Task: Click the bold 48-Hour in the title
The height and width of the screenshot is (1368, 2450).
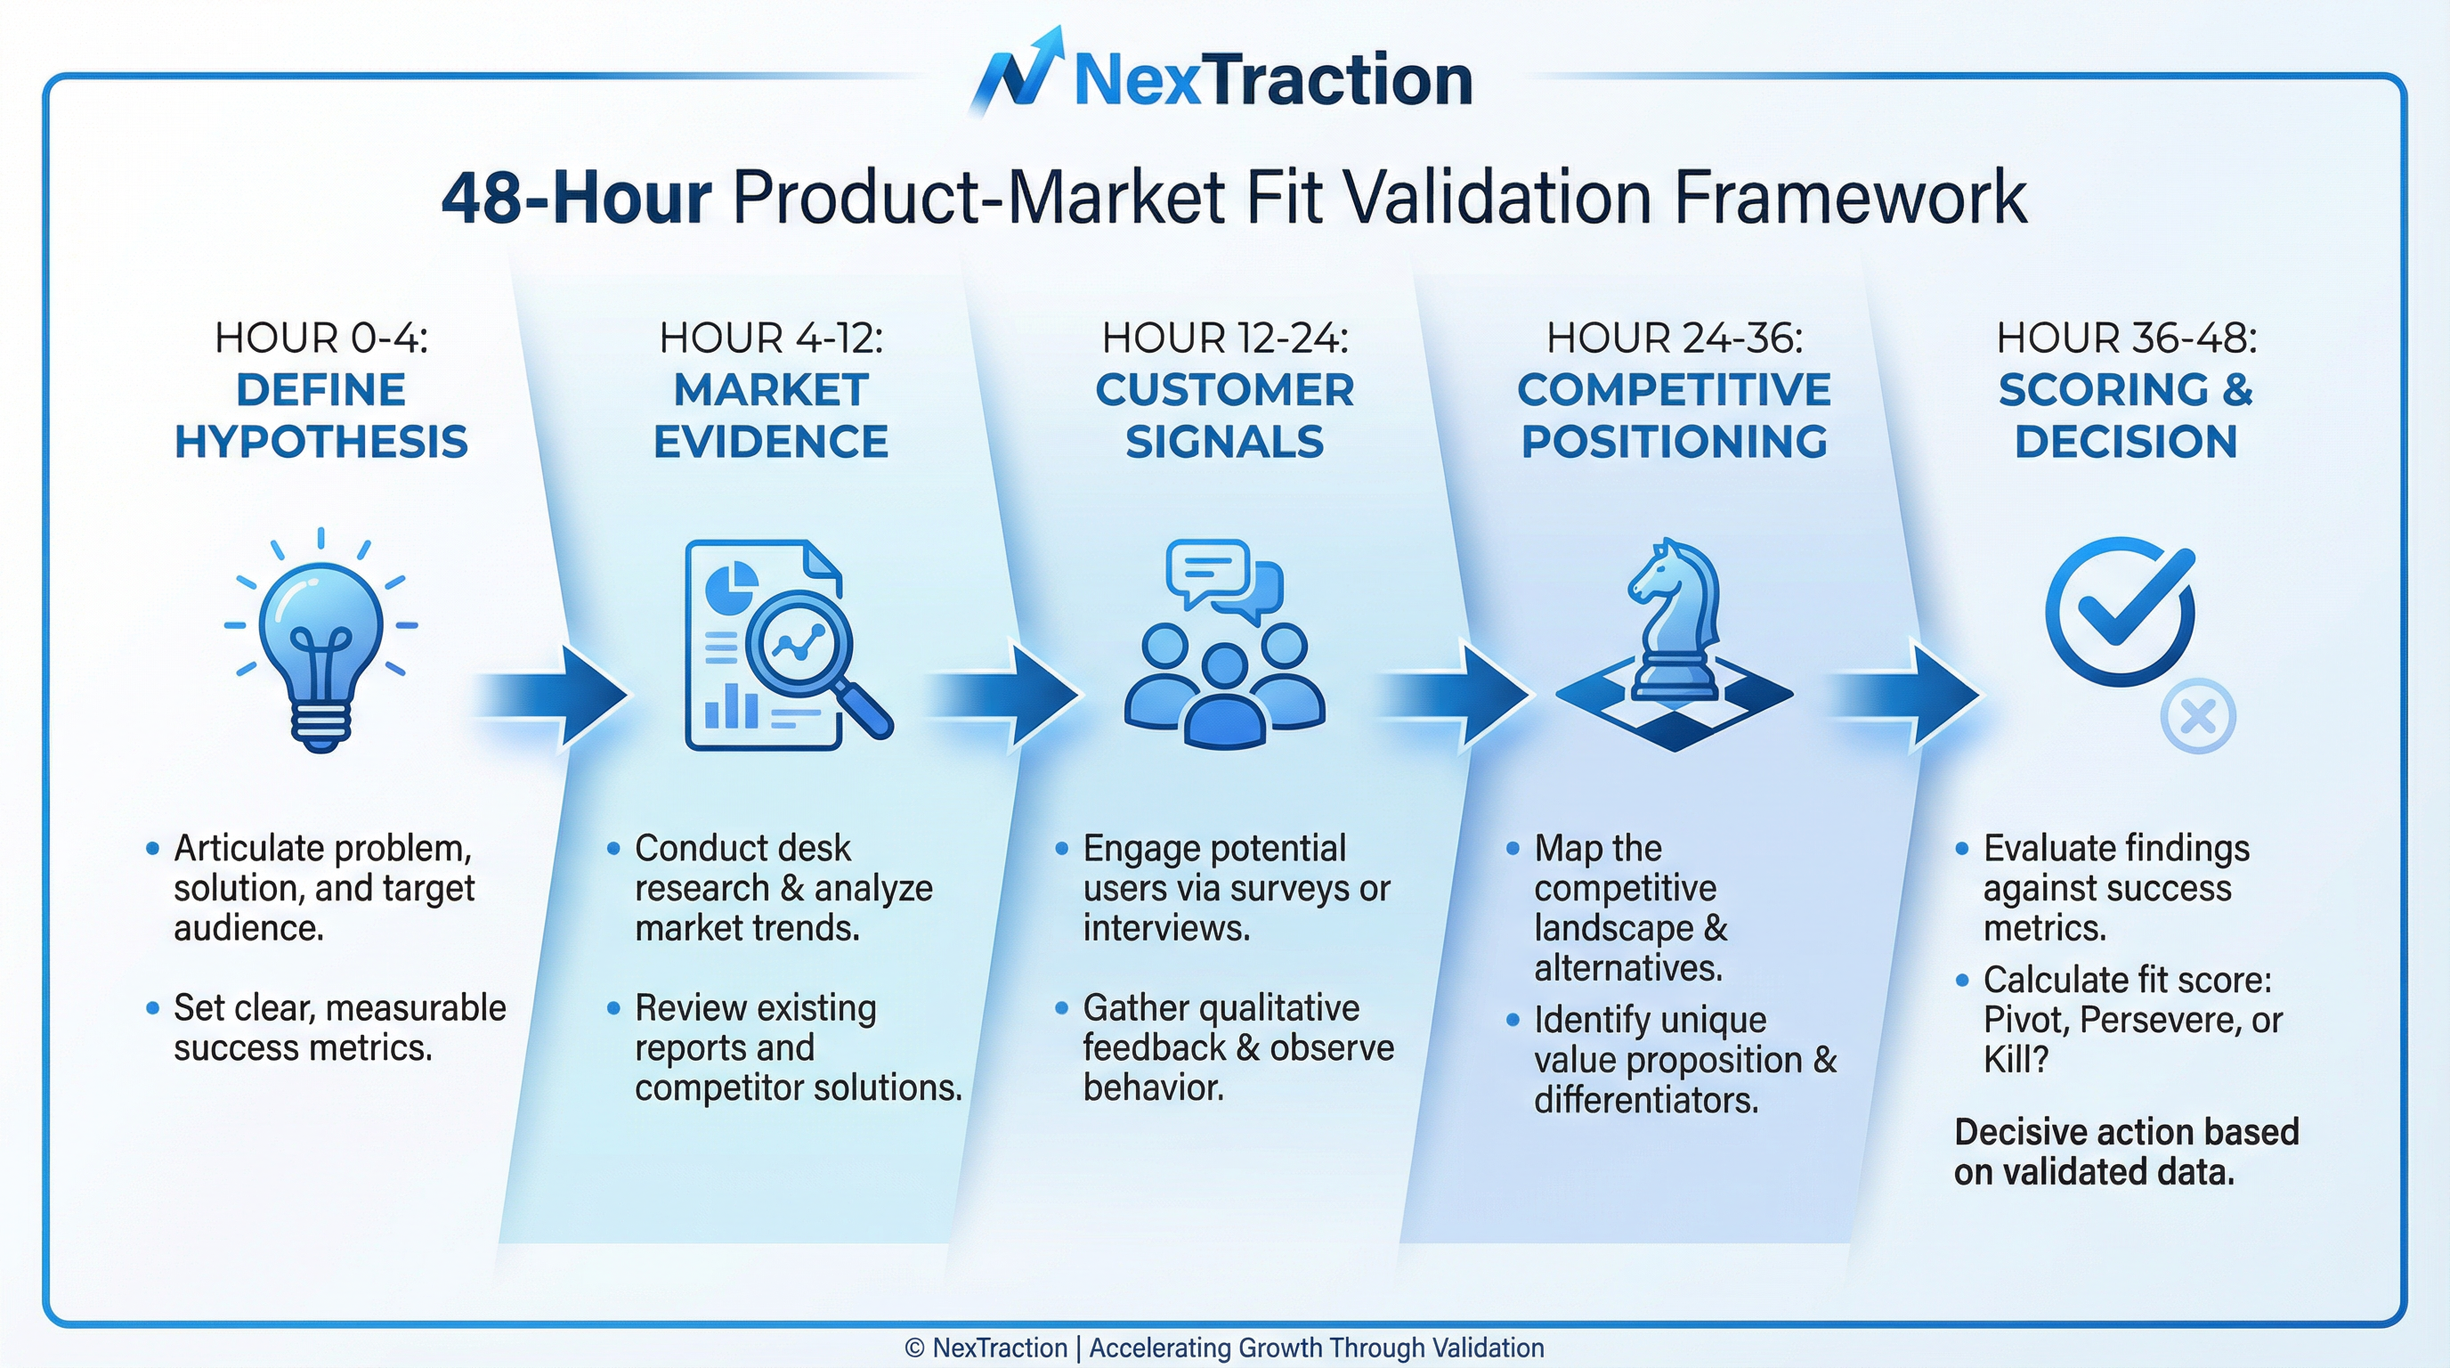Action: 576,198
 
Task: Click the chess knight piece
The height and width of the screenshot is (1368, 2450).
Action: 1675,618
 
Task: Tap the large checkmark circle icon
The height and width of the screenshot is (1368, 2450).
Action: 2120,611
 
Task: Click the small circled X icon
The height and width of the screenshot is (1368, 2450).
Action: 2198,716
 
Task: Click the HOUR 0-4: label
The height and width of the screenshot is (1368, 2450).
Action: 321,338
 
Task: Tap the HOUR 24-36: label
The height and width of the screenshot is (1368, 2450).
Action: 1674,338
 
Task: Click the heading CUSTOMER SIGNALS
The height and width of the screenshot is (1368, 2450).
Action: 1224,416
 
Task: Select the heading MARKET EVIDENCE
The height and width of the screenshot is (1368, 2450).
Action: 770,416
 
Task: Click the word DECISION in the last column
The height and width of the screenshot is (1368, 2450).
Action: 2126,443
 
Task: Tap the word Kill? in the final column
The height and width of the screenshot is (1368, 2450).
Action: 2016,1060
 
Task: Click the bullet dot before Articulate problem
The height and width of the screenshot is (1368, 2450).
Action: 152,849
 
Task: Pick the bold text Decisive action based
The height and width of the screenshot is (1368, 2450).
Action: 2127,1132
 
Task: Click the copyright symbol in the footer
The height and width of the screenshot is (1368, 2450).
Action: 914,1348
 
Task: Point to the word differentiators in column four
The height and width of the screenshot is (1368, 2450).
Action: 1646,1100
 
